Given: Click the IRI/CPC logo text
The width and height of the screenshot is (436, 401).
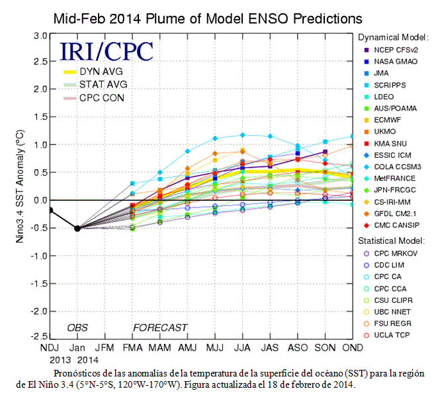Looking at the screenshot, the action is point(107,51).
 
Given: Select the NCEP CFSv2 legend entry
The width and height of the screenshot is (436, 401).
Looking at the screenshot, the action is point(391,50).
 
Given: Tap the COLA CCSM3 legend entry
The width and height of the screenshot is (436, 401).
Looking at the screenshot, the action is point(392,167).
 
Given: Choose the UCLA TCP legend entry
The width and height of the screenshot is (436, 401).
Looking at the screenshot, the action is point(387,335).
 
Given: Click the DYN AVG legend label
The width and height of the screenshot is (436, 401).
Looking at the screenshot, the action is point(101,72).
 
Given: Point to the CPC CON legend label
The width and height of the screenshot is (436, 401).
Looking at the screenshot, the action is point(102,98).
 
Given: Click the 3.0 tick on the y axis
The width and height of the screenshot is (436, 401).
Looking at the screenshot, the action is point(40,36).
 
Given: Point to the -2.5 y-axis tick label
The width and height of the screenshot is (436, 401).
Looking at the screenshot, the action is point(39,337).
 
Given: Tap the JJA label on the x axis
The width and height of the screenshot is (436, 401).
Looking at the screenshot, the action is point(242,348).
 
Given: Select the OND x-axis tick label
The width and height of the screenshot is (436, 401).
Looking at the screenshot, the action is point(353,348).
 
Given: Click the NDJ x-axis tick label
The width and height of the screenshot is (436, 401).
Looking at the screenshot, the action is point(50,348).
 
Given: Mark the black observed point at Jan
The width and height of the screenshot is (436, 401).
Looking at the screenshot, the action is point(77,229).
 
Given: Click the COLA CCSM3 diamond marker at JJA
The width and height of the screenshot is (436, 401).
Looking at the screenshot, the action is point(242,135).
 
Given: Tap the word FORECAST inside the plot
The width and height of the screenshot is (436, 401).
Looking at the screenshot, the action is point(160,328).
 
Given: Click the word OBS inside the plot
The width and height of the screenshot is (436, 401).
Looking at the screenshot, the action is point(77,328).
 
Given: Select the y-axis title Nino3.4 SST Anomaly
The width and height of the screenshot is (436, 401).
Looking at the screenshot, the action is point(20,186).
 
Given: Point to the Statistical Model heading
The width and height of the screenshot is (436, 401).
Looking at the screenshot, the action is point(392,241).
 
